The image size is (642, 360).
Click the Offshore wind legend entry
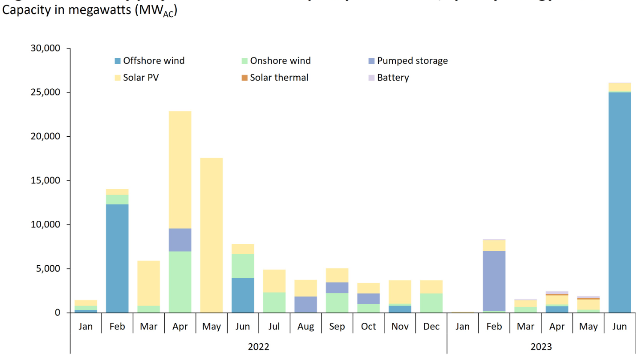click(x=150, y=61)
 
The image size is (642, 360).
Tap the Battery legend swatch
click(x=371, y=78)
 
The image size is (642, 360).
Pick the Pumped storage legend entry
click(x=408, y=61)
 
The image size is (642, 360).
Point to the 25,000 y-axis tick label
click(x=45, y=92)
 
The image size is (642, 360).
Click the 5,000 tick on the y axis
click(x=48, y=269)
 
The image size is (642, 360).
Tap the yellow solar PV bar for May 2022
click(x=211, y=235)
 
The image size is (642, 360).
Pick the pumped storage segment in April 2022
click(x=180, y=240)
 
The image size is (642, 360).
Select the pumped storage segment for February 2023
click(x=494, y=281)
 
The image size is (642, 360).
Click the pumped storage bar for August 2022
click(x=306, y=305)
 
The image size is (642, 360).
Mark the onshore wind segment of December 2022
click(x=431, y=303)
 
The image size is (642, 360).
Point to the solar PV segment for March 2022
click(x=149, y=283)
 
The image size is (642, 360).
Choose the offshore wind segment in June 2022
click(x=243, y=295)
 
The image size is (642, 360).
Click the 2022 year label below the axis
click(x=259, y=347)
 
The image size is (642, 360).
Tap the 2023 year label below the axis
click(x=541, y=347)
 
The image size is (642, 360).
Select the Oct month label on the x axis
click(x=368, y=327)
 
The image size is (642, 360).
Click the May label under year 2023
click(x=588, y=327)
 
